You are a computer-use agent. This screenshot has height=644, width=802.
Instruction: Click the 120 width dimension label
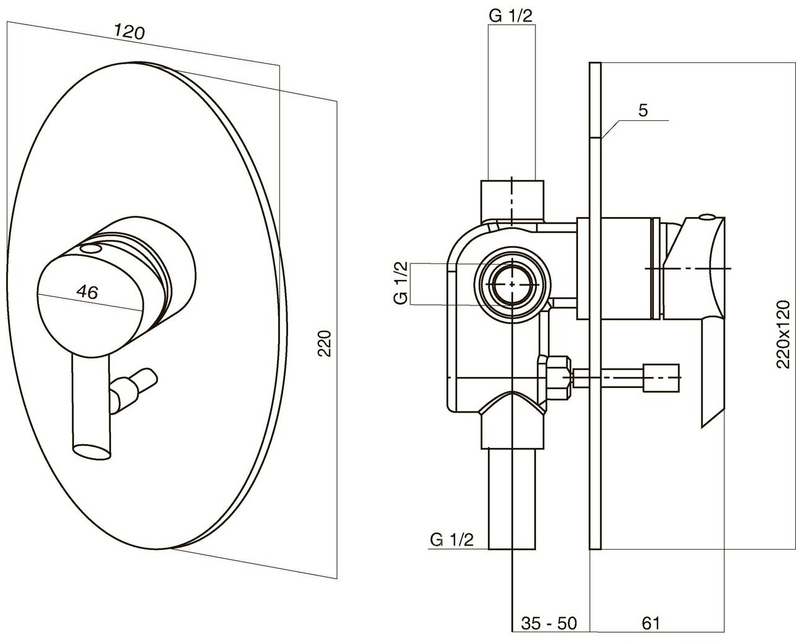[130, 33]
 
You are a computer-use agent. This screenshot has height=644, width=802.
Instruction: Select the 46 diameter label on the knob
[89, 292]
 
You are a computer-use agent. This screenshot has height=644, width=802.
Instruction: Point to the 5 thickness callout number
[642, 111]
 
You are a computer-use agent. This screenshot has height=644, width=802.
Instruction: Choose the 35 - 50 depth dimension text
[548, 623]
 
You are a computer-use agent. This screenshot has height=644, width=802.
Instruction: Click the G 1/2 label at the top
[510, 16]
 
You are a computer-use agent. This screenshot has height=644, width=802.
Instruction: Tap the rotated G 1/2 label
[401, 283]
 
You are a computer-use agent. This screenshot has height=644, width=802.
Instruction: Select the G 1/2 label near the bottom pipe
[452, 540]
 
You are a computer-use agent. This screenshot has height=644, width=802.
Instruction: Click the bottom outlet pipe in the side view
[513, 500]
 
